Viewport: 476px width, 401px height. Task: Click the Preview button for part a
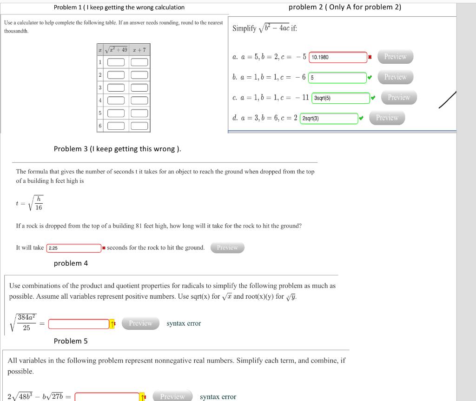coord(395,57)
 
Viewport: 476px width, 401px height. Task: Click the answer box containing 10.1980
coord(337,57)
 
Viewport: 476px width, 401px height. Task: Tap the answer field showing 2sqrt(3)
coord(329,119)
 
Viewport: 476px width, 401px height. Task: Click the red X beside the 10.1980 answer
coord(370,57)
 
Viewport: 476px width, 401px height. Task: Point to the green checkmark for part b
coord(370,78)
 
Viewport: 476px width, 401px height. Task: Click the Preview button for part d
coord(387,118)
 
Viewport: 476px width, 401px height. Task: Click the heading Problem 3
coord(117,149)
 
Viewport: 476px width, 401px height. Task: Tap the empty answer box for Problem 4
coord(78,324)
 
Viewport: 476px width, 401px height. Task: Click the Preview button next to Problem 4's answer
coord(140,323)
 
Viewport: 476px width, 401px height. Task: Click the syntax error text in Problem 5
coord(218,397)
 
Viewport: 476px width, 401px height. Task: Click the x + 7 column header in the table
coord(139,50)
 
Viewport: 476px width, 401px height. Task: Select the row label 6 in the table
coord(100,126)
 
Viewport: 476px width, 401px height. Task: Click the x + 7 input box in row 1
coord(139,62)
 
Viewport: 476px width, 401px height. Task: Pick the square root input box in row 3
coord(116,88)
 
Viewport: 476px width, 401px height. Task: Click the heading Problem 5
coord(71,341)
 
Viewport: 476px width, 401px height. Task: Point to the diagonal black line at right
coord(448,100)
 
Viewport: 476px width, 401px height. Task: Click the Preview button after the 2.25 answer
coord(227,248)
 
